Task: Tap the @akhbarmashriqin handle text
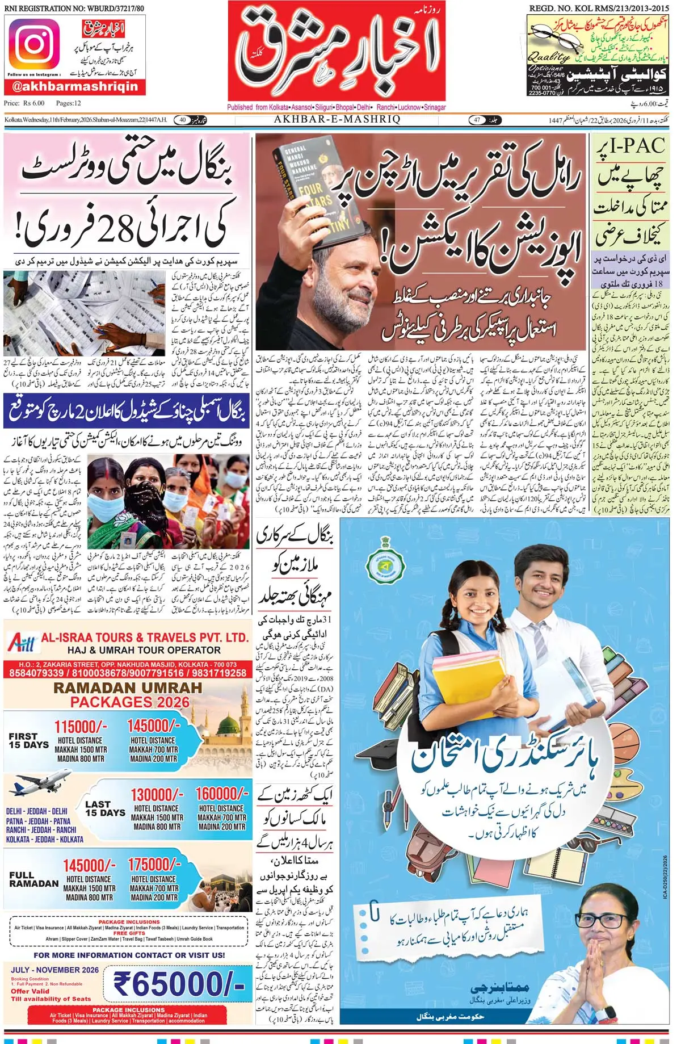tap(75, 86)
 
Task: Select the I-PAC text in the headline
tap(630, 146)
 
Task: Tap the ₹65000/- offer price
tap(179, 984)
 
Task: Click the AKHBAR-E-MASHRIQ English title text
tap(337, 120)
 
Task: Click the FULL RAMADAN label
tap(34, 879)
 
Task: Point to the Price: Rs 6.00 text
tap(24, 103)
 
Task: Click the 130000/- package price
tap(157, 795)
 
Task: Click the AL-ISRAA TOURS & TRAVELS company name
tap(145, 638)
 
